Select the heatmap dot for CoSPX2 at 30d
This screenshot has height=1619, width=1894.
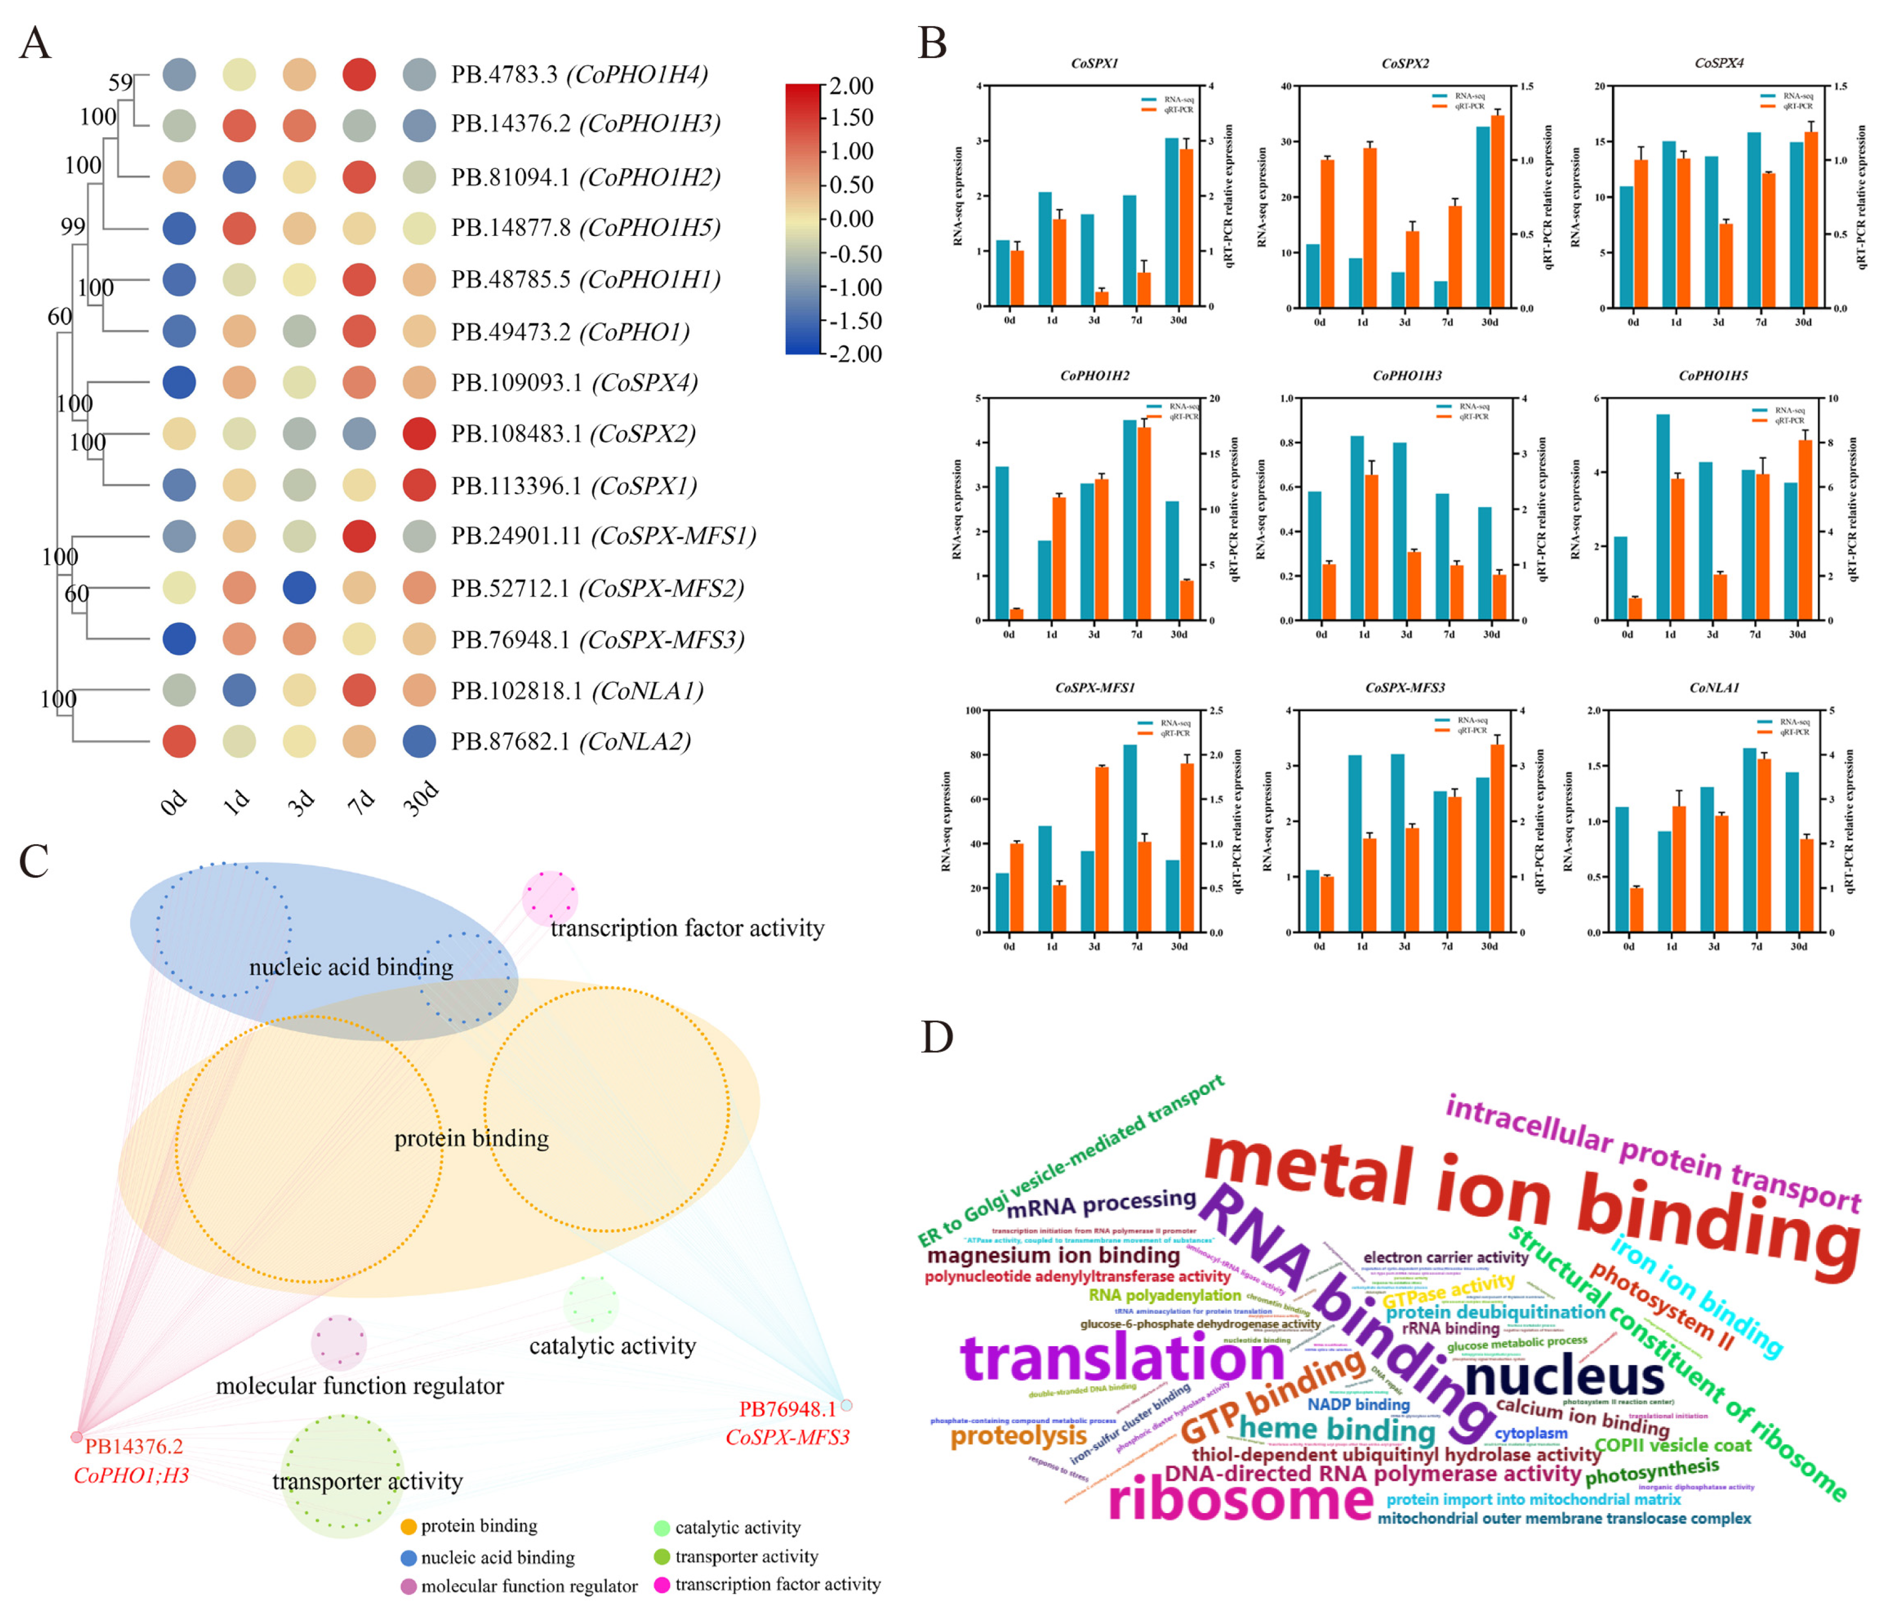coord(419,434)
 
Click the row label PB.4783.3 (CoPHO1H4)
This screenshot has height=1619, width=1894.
coord(579,74)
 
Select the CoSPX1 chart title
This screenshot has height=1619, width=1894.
coord(1094,63)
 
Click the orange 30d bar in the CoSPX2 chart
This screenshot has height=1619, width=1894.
coord(1497,211)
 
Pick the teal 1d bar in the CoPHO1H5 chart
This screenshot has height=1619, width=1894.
coord(1662,518)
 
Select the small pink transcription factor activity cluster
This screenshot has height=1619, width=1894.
coord(549,898)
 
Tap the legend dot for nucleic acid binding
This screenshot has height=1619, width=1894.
coord(409,1558)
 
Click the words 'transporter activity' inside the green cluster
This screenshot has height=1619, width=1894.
coord(368,1481)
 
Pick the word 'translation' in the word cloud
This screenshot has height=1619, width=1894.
coord(1123,1359)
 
